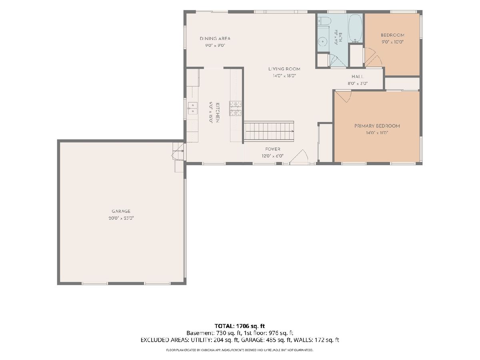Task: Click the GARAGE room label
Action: [x=121, y=211]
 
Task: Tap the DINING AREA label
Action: [x=215, y=38]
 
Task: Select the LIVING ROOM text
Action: [x=284, y=69]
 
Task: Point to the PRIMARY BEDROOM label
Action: [x=377, y=126]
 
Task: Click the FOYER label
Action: [x=273, y=149]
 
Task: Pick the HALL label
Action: [x=358, y=76]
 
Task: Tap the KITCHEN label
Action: [x=218, y=112]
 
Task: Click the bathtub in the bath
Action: [x=355, y=28]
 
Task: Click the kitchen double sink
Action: [x=192, y=108]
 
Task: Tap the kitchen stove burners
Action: [x=236, y=108]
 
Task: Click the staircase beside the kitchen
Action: [x=269, y=131]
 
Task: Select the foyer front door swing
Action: [x=299, y=156]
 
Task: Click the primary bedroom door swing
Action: [x=343, y=96]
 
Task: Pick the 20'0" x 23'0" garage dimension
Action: [x=121, y=218]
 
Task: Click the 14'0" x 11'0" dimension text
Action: [x=377, y=133]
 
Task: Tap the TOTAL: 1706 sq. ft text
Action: [x=240, y=326]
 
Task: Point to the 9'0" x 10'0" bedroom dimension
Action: [x=392, y=42]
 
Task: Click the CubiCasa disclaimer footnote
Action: [x=240, y=350]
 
